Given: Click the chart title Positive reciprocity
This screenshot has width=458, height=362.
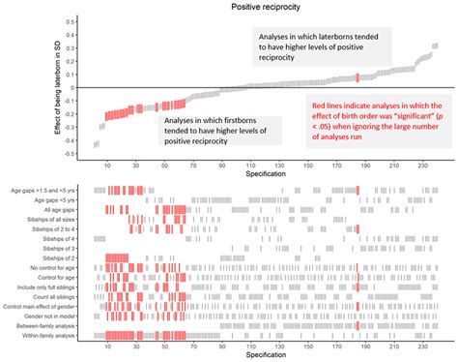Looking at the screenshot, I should point(264,7).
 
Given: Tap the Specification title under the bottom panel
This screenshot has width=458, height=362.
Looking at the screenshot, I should point(264,355).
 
